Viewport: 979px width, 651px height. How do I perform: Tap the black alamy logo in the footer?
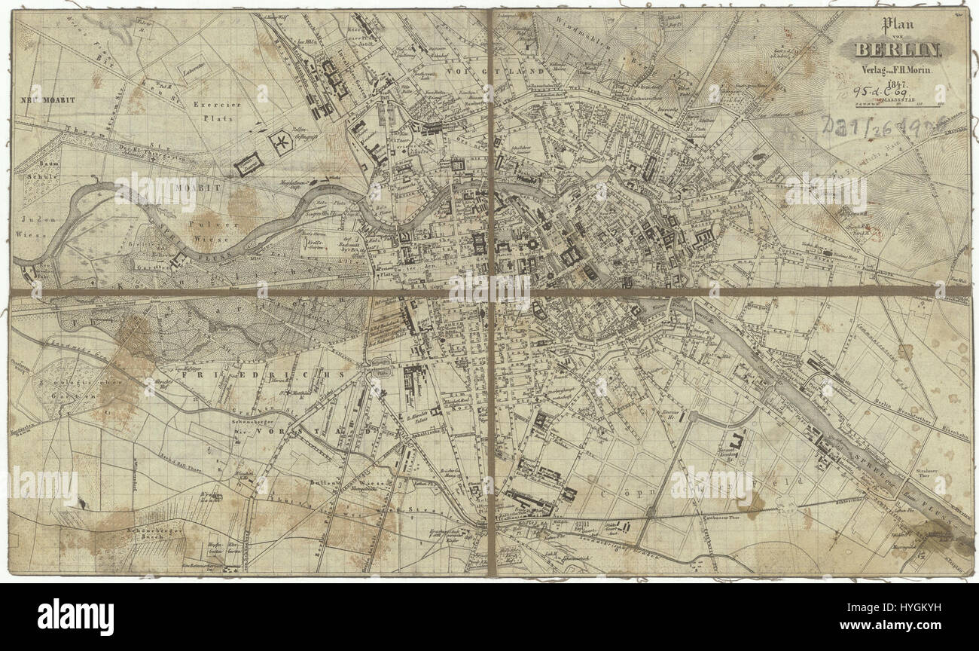(75, 617)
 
